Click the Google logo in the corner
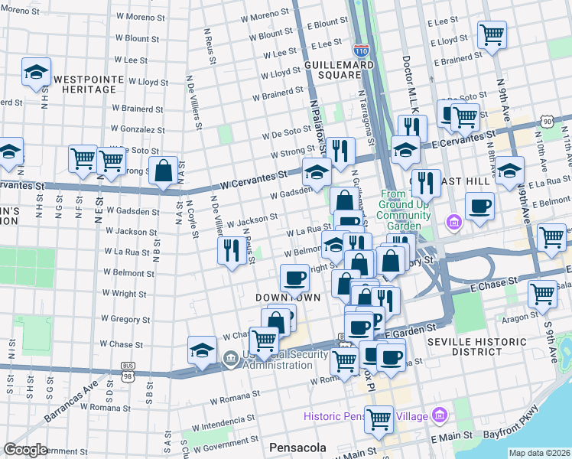coord(25,450)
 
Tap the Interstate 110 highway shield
coord(362,51)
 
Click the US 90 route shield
coord(546,121)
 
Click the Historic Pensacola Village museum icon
coord(439,416)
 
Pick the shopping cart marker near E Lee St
coord(492,34)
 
